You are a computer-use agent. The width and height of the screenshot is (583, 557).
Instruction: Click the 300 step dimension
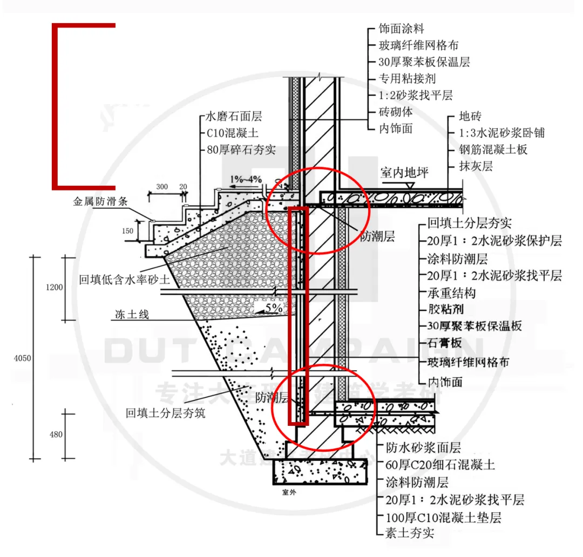[161, 187]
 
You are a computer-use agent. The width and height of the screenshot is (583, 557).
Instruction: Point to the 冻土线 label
[132, 314]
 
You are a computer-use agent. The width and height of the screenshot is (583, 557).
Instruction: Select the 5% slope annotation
[273, 308]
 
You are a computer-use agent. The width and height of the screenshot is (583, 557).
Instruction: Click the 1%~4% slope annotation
[246, 179]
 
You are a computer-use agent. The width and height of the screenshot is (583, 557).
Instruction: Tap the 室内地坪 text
[404, 173]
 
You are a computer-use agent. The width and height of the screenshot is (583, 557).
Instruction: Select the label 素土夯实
[410, 533]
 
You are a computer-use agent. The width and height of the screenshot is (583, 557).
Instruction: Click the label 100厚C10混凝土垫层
[443, 517]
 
